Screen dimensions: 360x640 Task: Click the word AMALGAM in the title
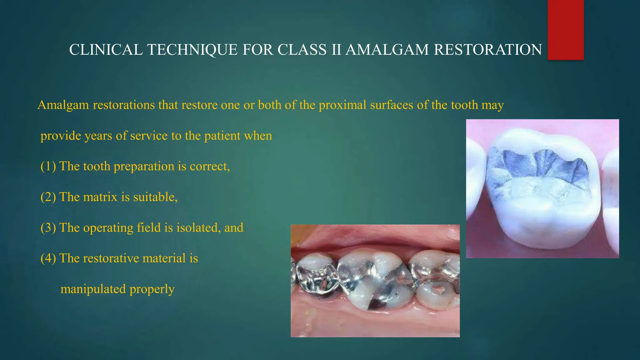[387, 50]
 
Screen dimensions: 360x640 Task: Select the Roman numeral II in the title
[336, 50]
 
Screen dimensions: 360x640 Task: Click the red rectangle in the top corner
[566, 30]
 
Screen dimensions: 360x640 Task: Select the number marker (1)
[48, 166]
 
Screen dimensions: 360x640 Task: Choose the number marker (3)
[48, 228]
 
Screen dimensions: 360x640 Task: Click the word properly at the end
[152, 289]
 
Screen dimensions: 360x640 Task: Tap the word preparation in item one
[144, 167]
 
